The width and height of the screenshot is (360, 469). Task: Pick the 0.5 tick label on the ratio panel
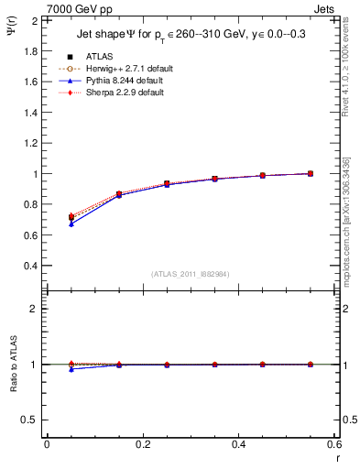pos(28,420)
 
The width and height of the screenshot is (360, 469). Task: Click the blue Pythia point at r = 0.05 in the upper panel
pos(71,224)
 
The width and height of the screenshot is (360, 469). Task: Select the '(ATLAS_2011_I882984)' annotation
pos(191,274)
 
